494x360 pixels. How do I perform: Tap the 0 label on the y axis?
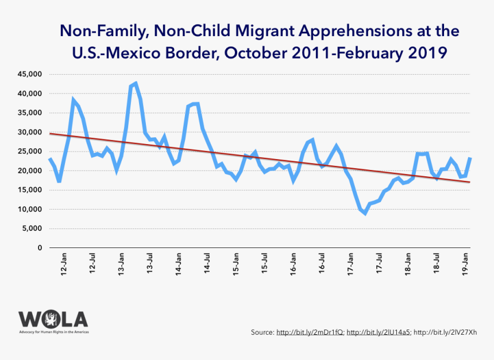pos(40,248)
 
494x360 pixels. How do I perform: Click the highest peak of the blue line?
pos(136,84)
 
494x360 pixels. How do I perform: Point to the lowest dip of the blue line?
pos(365,213)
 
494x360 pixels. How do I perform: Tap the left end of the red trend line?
pos(50,133)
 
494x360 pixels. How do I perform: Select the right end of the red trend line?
pos(470,182)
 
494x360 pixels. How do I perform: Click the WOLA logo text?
pos(53,319)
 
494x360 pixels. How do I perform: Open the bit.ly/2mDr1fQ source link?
pos(310,332)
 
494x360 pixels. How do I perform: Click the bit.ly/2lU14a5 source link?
pos(379,332)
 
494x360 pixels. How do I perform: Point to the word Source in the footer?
pos(262,332)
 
